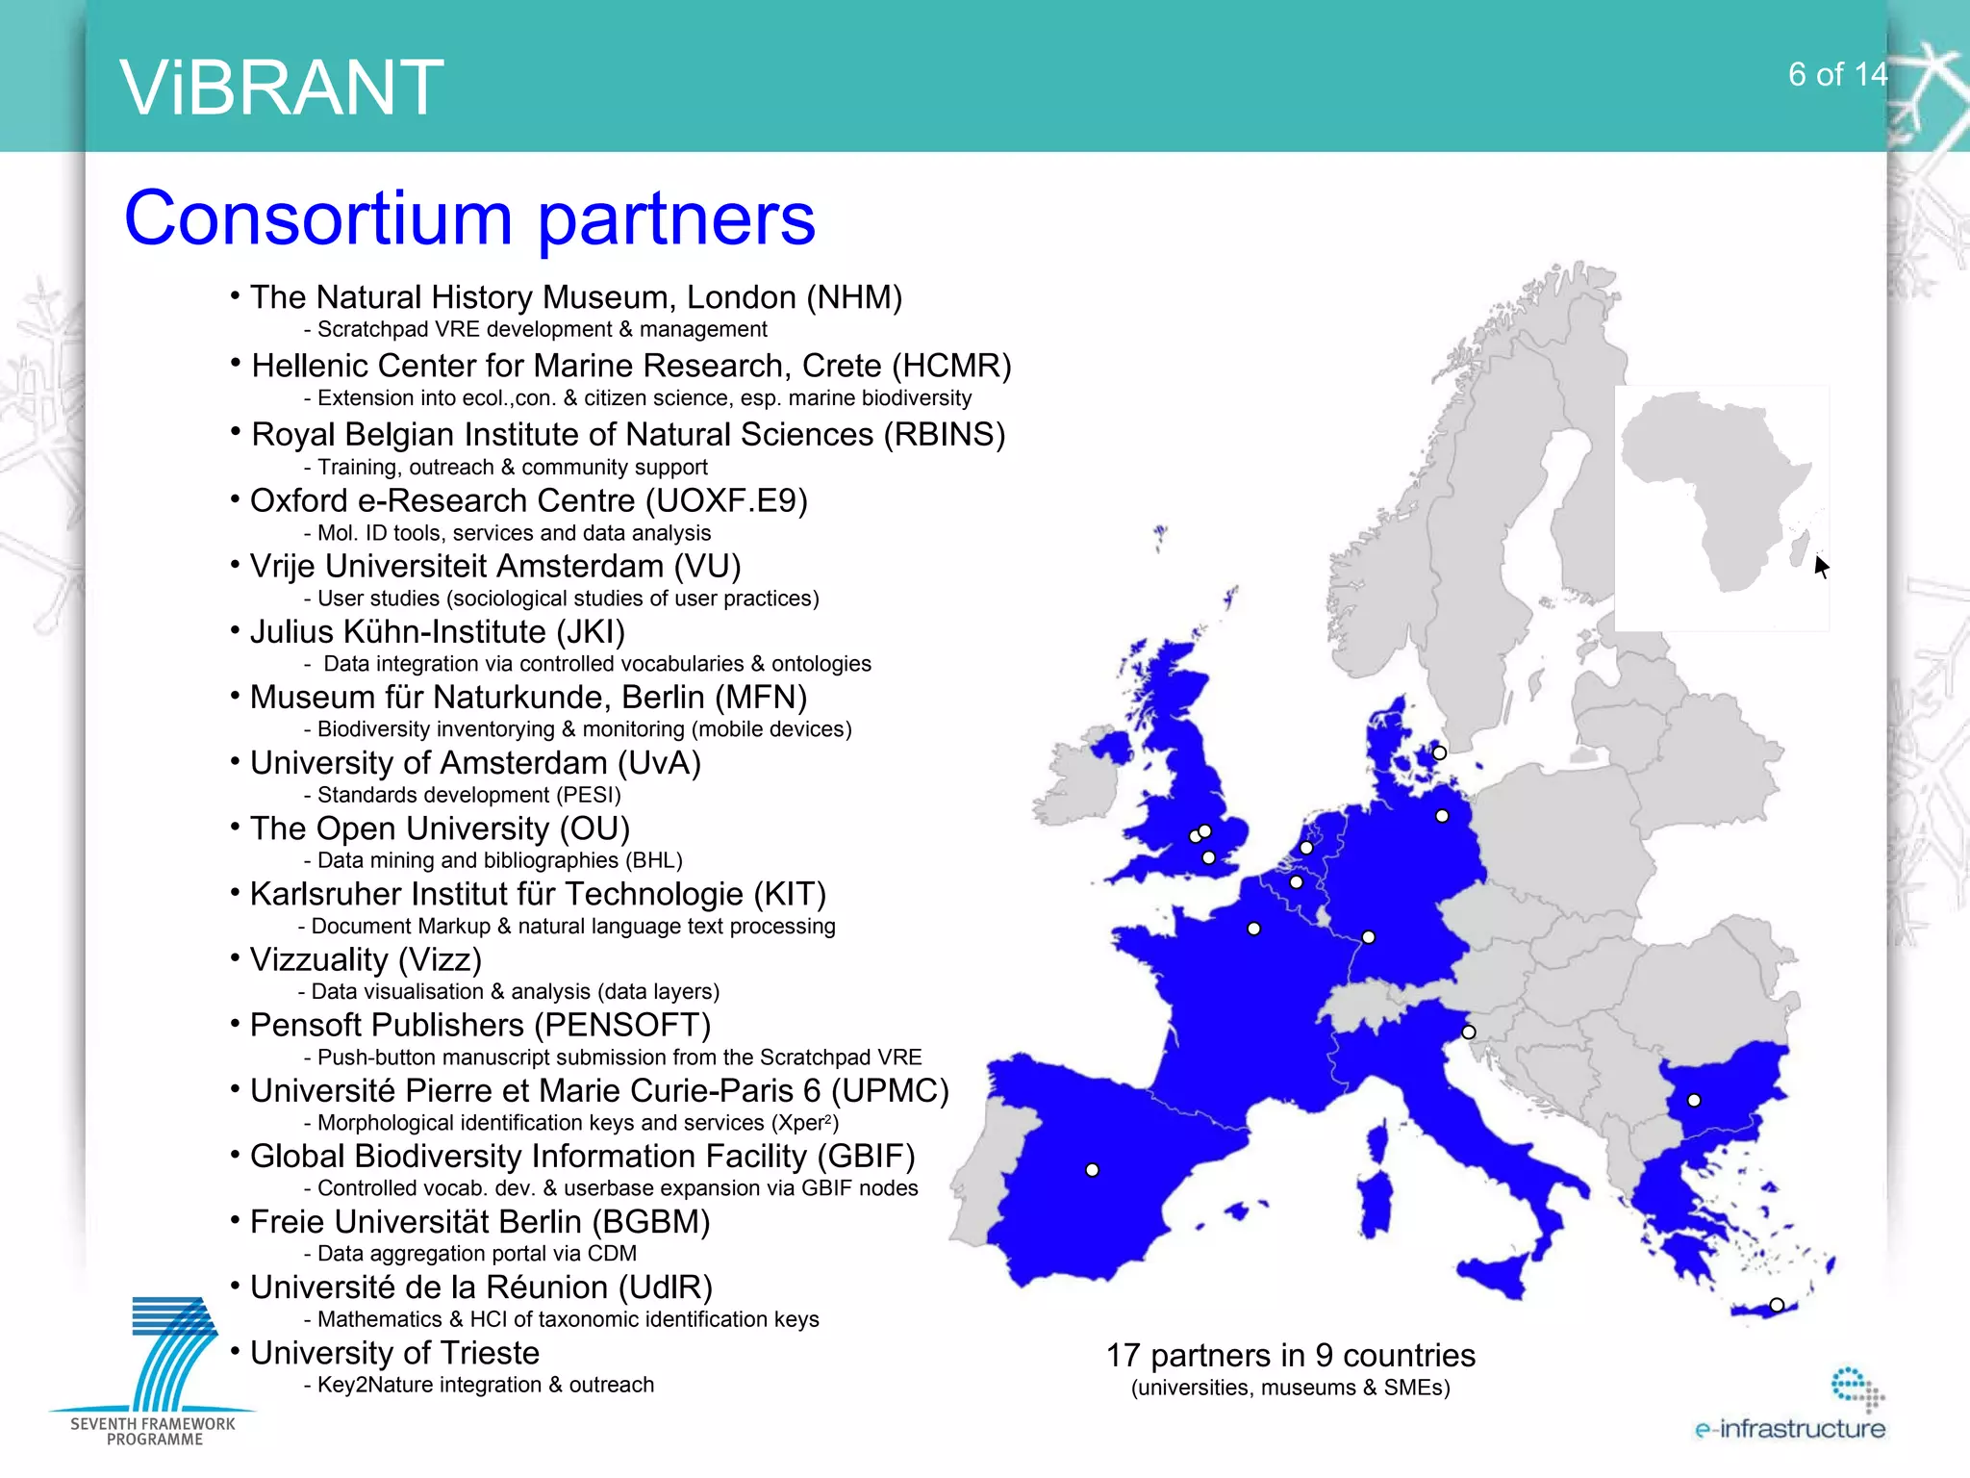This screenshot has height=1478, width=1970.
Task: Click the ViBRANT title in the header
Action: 281,88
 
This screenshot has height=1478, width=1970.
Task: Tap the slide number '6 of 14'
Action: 1837,74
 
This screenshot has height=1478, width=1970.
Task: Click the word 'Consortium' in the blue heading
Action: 317,218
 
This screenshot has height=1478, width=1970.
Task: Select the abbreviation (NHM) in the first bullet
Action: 854,297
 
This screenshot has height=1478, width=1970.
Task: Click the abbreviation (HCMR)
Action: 951,366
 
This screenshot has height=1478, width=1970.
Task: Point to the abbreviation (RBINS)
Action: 945,434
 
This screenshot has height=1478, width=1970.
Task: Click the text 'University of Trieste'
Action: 394,1353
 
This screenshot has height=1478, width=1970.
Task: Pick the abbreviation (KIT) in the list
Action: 789,894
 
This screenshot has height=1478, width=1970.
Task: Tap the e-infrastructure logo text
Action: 1789,1428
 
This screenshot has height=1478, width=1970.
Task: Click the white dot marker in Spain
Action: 1092,1170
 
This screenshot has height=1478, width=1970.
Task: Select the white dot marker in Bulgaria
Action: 1694,1100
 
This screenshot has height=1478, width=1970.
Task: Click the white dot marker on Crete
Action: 1777,1305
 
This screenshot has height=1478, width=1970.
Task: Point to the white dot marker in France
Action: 1253,929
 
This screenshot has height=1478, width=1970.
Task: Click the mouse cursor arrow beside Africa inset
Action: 1821,566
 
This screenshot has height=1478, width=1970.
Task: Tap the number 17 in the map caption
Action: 1123,1355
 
